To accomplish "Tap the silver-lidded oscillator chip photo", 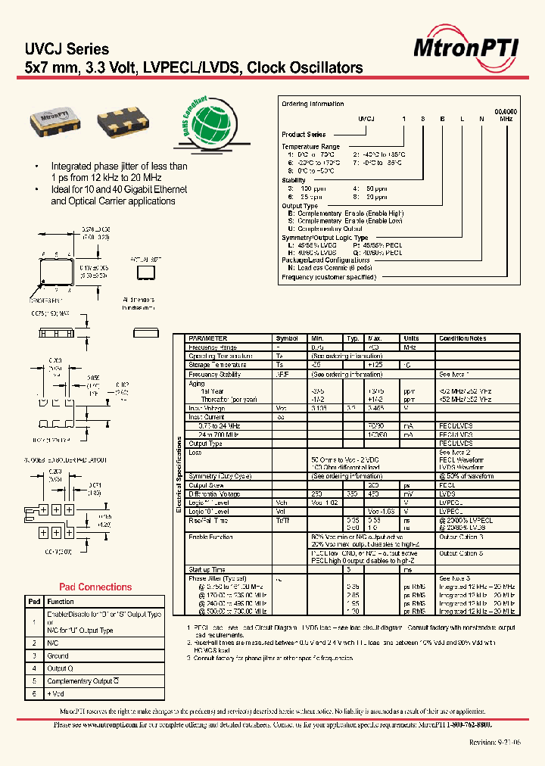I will pyautogui.click(x=54, y=120).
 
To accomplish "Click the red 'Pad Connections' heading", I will pyautogui.click(x=95, y=587).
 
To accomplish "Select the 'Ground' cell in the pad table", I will pyautogui.click(x=58, y=655).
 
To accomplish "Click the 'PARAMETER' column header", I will pyautogui.click(x=207, y=338).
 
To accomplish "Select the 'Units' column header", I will pyautogui.click(x=411, y=338).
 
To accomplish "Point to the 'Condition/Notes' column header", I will pyautogui.click(x=462, y=338).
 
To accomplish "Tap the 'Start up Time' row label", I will pyautogui.click(x=207, y=569).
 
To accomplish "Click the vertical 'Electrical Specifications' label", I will pyautogui.click(x=179, y=478).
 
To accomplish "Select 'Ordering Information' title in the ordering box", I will pyautogui.click(x=313, y=104).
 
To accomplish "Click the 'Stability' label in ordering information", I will pyautogui.click(x=294, y=180).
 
